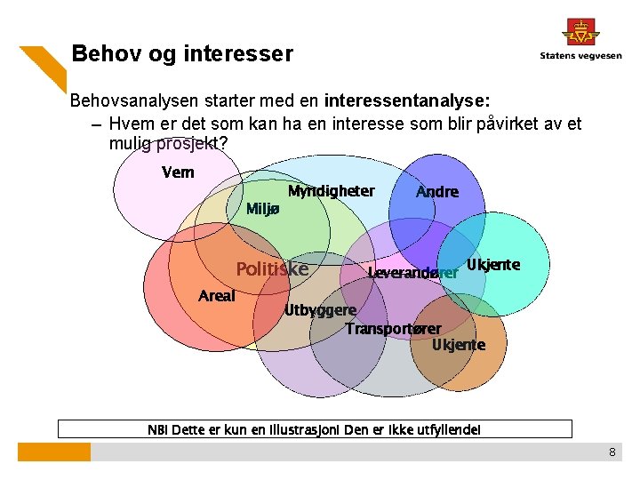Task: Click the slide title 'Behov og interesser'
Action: (181, 54)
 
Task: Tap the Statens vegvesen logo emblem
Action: (580, 32)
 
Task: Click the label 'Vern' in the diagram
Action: (178, 172)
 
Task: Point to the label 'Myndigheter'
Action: (331, 191)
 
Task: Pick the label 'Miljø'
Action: (263, 209)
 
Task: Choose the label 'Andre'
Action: (437, 192)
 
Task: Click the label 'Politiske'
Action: (272, 269)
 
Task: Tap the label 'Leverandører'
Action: (412, 273)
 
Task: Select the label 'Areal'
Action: (217, 296)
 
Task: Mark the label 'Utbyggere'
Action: (320, 310)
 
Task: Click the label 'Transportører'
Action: (393, 329)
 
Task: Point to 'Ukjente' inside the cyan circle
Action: (493, 265)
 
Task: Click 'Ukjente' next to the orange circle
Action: (459, 345)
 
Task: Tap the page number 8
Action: (612, 452)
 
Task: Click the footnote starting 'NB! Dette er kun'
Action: (315, 430)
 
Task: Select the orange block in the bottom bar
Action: (54, 452)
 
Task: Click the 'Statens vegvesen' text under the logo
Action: (580, 56)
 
